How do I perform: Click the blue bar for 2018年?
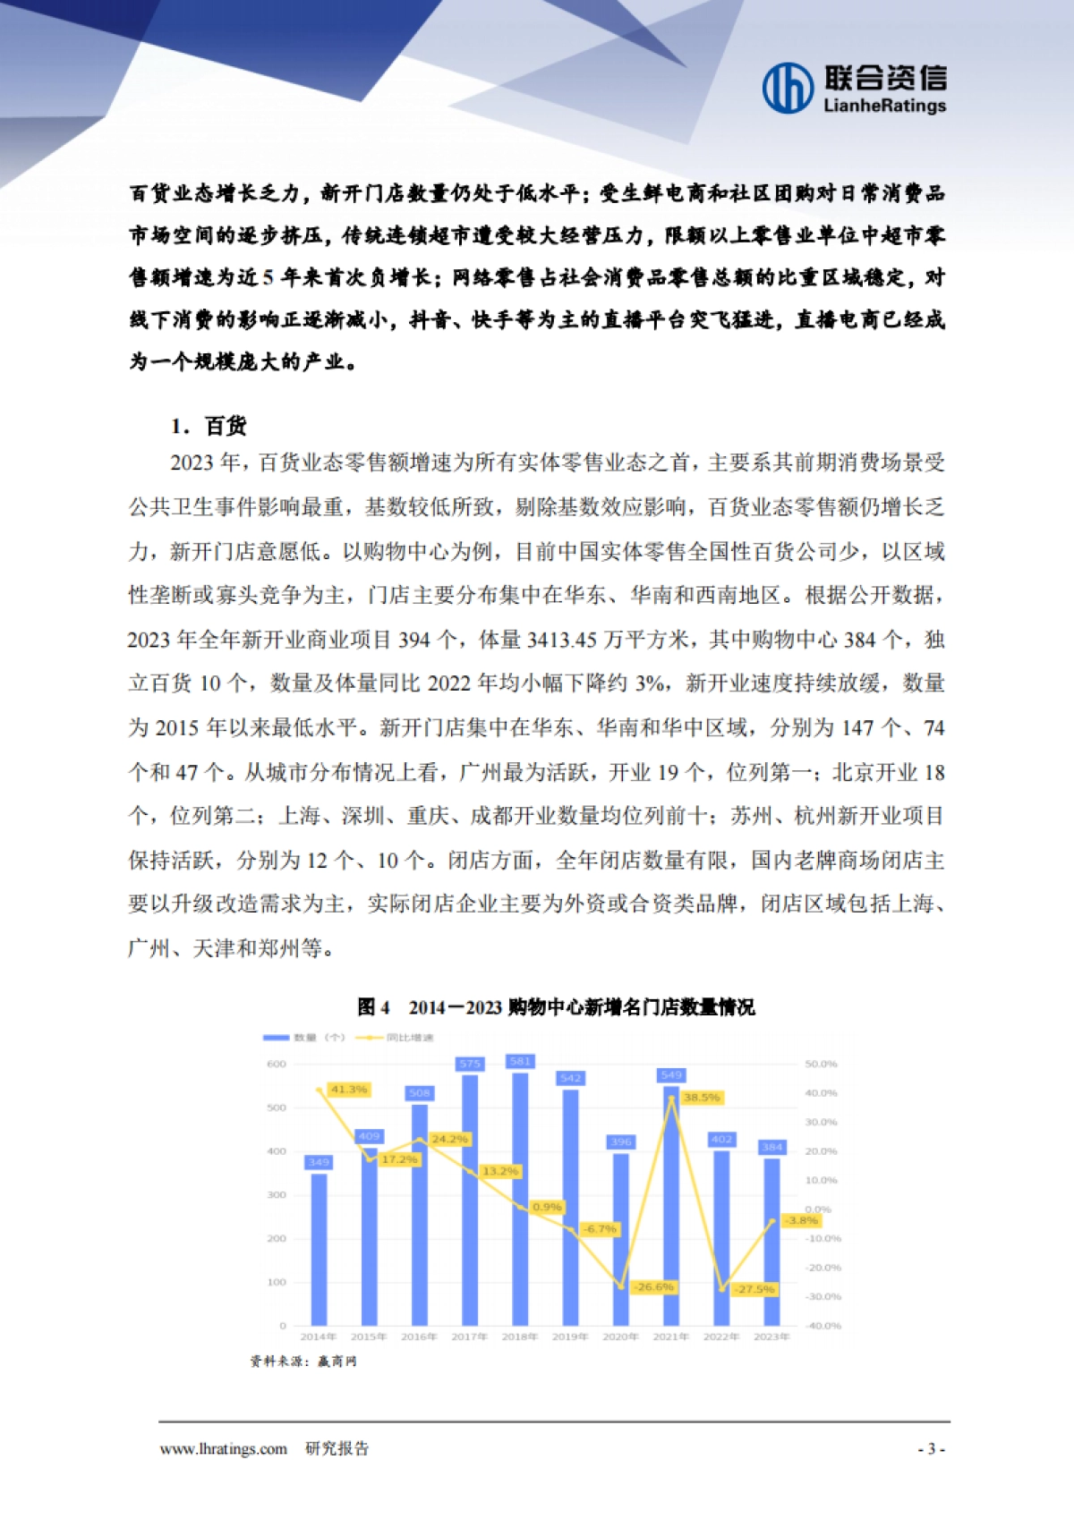point(520,1199)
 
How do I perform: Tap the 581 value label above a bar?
point(520,1061)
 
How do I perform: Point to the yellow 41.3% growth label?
point(348,1090)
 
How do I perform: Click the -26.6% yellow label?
point(654,1286)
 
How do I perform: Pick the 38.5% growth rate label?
point(701,1097)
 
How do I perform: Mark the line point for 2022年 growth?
point(722,1289)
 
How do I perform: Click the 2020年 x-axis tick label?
point(620,1337)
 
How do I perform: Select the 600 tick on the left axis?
point(276,1064)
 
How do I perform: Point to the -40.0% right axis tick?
point(823,1326)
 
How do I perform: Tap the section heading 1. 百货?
point(209,426)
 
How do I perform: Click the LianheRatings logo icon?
point(788,88)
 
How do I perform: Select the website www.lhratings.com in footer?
point(223,1448)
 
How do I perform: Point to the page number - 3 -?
point(931,1448)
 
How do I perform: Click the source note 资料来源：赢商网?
point(303,1361)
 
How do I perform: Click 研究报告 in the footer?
point(337,1448)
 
